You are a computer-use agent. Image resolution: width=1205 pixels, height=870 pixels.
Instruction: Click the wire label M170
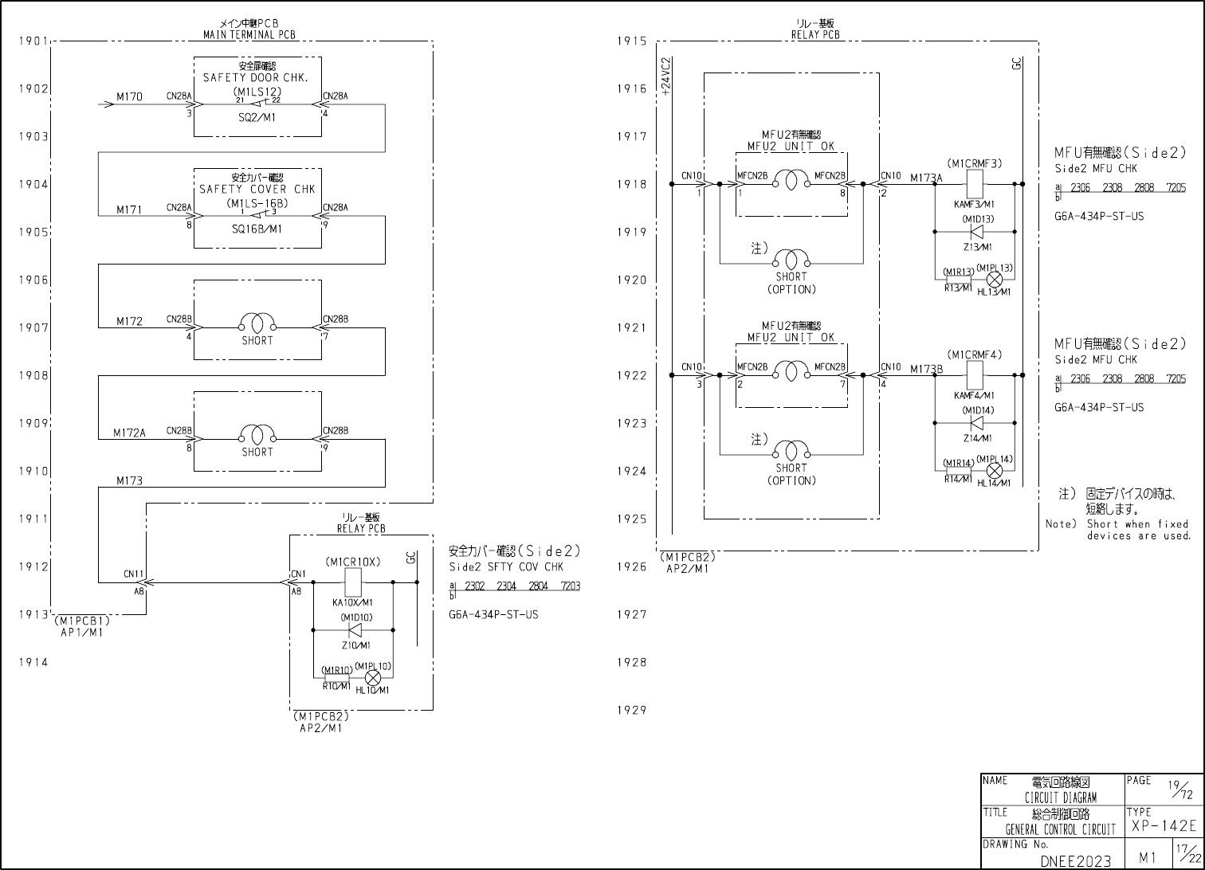point(130,97)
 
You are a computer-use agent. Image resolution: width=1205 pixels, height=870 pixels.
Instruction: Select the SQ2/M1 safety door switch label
point(257,117)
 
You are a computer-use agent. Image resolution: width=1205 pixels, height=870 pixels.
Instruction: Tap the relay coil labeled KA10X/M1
point(353,582)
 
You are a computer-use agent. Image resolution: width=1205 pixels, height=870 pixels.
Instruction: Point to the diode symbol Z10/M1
point(355,630)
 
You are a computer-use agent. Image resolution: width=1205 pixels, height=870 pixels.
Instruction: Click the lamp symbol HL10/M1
point(371,678)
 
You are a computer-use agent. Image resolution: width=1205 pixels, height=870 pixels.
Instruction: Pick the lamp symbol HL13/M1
point(994,280)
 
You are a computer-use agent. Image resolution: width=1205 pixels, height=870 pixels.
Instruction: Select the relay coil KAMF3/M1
point(975,184)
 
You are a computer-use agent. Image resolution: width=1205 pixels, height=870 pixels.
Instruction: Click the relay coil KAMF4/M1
point(975,375)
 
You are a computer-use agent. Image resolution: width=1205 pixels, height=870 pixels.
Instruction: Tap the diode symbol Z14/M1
point(977,423)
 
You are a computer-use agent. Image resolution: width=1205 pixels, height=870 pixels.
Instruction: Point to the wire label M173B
point(926,368)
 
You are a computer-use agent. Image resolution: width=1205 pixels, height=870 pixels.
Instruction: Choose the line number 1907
point(34,327)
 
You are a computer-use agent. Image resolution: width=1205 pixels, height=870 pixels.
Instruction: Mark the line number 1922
point(631,375)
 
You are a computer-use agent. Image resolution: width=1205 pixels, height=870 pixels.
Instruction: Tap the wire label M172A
point(130,433)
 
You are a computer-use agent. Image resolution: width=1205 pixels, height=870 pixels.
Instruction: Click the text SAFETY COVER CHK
point(257,190)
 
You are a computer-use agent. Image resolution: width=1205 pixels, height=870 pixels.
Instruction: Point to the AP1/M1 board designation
point(82,633)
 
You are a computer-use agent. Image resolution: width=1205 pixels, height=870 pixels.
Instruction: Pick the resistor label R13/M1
point(958,288)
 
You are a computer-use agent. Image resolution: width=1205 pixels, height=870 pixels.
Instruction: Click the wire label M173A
point(926,178)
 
